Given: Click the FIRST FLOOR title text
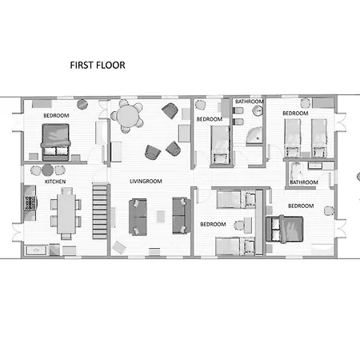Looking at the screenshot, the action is pos(98,66).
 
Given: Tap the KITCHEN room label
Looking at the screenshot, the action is pos(55,182).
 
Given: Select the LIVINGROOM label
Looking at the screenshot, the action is pos(146,182).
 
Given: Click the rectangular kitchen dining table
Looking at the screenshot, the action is pos(66,214).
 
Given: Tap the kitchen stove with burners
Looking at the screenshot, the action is pos(30,203).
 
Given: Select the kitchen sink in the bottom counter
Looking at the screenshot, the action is pos(36,250).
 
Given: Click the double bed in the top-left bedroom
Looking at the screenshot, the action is pos(55,142).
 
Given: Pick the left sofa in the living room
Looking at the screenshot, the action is pos(138,217).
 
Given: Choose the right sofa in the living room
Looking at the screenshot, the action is pos(182,215).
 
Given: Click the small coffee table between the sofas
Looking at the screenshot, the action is pos(161,217).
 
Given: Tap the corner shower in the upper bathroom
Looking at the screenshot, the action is pos(254,136).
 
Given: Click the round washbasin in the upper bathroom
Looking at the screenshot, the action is pos(258,110).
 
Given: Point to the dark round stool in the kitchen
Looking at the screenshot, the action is pos(47,170).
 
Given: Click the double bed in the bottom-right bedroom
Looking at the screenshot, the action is pos(285,230).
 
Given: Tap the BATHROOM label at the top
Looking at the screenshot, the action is pos(250,102).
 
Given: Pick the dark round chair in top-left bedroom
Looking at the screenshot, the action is pos(82,104).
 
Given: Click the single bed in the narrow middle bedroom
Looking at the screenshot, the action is pos(220,145).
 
